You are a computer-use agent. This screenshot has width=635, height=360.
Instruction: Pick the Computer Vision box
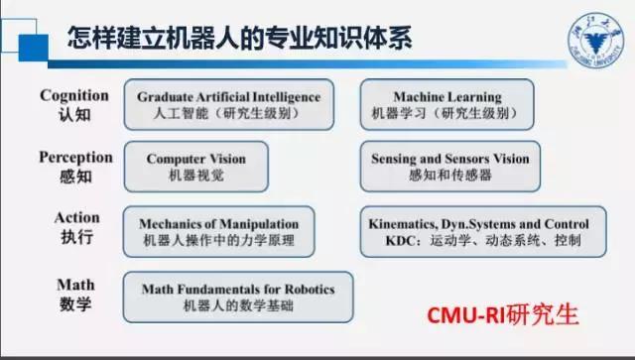(196, 165)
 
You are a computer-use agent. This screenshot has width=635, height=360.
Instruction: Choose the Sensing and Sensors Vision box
(450, 165)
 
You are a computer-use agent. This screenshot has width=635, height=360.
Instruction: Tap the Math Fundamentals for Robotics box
(238, 297)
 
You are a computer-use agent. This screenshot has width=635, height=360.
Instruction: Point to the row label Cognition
(73, 95)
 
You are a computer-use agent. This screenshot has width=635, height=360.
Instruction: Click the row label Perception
(75, 157)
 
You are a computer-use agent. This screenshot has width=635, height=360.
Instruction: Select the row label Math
(75, 285)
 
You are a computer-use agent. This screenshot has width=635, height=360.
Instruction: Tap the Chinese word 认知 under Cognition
(74, 114)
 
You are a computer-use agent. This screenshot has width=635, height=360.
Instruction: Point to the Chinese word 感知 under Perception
(75, 176)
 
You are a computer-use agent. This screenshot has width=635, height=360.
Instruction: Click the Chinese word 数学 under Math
(76, 303)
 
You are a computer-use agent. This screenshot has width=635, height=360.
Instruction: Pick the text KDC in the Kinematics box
(383, 241)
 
